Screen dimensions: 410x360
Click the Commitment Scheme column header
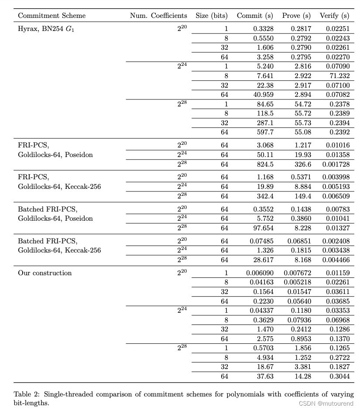[x=51, y=16]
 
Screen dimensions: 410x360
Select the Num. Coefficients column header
[x=158, y=16]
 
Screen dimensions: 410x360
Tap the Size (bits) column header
[x=212, y=16]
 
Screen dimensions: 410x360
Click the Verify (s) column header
[x=335, y=16]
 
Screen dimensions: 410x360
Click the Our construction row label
[x=45, y=273]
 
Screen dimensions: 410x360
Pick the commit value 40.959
[x=263, y=95]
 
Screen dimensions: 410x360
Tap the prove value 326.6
[x=301, y=164]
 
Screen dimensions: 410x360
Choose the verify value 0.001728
[x=336, y=164]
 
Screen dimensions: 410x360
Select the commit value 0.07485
[x=261, y=241]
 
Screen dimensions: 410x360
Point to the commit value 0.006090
[x=260, y=273]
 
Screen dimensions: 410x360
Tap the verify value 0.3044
[x=339, y=376]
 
